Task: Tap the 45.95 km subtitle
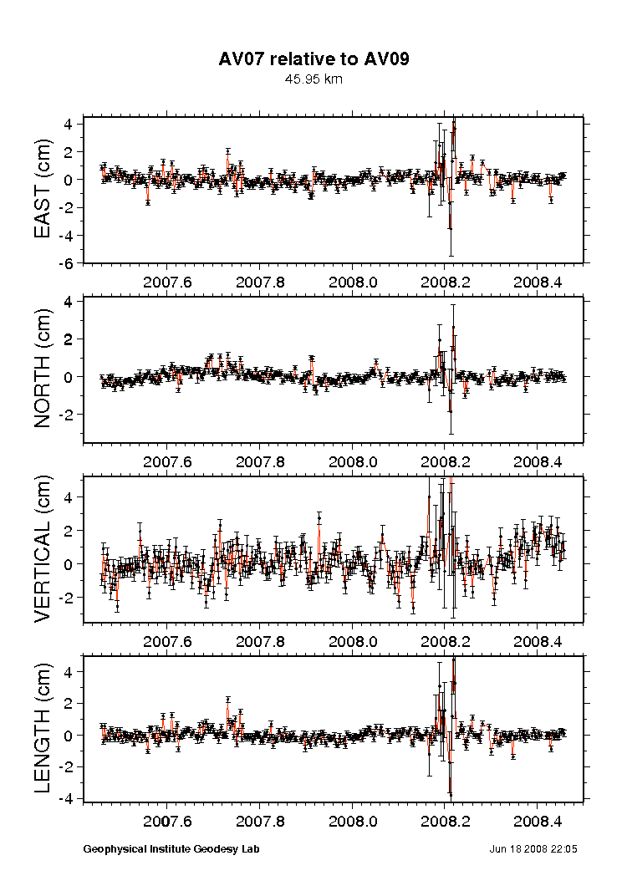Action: click(x=313, y=79)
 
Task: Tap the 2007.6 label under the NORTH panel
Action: click(x=168, y=461)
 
